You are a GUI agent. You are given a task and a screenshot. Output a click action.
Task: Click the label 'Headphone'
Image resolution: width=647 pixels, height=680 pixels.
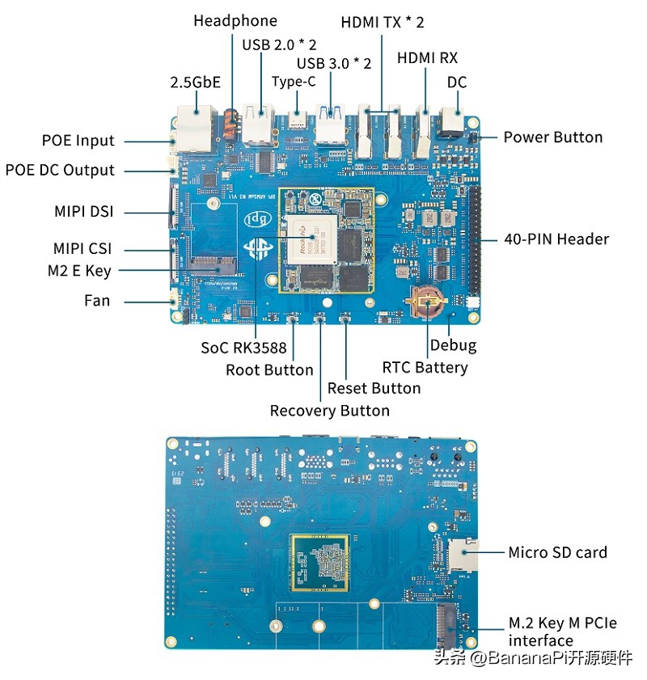click(235, 21)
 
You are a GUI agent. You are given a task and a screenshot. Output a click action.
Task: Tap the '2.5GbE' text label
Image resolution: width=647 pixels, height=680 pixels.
click(195, 82)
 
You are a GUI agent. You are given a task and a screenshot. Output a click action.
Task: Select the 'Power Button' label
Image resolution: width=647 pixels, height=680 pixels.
click(552, 137)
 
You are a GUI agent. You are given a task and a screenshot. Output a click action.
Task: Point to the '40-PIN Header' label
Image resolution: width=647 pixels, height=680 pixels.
click(556, 239)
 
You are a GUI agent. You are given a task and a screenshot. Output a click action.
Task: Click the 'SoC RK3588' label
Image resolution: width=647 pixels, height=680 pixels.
click(243, 348)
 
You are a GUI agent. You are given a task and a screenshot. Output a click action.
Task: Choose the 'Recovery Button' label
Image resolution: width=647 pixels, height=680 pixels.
click(329, 410)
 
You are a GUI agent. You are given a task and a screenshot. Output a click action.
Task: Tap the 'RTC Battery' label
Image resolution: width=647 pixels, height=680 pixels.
click(425, 367)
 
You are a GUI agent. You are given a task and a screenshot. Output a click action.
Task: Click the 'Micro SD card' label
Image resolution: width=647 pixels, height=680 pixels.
click(557, 552)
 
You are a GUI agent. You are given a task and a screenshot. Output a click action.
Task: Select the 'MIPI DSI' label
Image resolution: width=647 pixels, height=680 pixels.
click(83, 212)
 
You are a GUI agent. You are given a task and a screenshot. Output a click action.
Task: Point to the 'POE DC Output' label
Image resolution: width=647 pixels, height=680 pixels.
click(60, 170)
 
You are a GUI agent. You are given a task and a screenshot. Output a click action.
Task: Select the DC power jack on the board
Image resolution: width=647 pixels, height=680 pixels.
click(449, 124)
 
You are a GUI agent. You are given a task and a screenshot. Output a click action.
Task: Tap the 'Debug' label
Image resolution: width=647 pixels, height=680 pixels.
click(453, 345)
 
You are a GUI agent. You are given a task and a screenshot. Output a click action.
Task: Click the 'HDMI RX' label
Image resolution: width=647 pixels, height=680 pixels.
click(427, 58)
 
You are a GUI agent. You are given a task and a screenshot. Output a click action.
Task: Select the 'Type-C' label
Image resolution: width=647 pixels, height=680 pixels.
click(294, 81)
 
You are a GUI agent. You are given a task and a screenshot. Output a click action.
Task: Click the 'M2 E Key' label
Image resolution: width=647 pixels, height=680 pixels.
click(79, 271)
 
